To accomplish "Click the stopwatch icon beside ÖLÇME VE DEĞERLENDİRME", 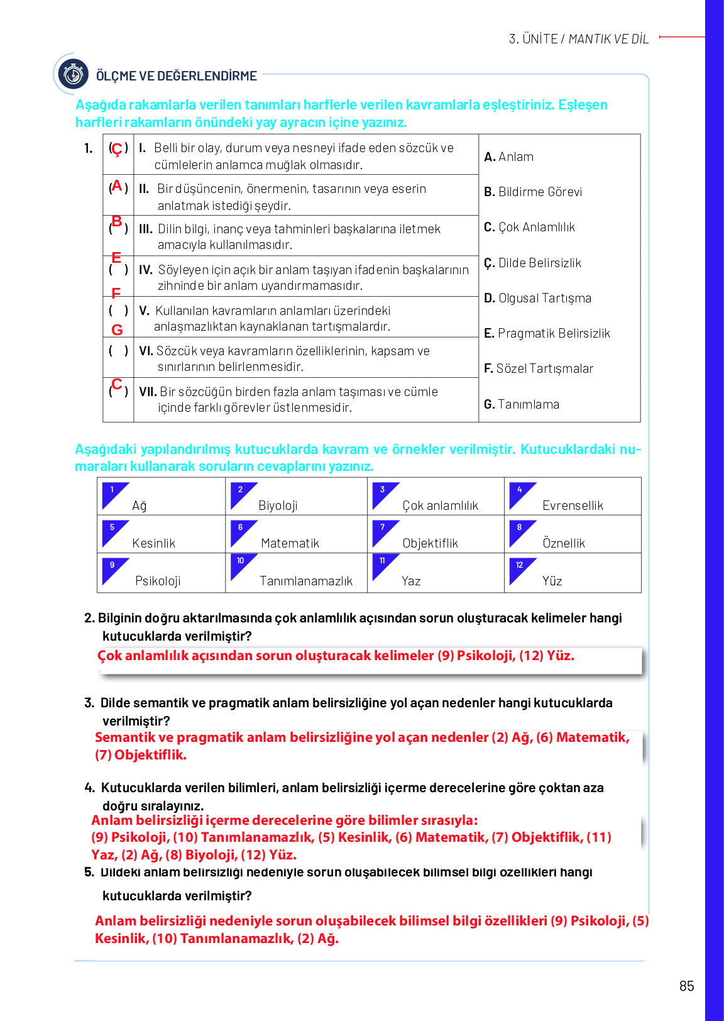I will (74, 75).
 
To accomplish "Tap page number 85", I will (686, 986).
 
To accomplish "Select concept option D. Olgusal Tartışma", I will (537, 298).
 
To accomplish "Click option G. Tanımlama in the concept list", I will (522, 404).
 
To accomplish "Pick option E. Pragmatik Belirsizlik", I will (547, 333).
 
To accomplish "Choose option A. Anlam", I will (508, 157).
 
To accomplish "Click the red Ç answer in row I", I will (117, 150).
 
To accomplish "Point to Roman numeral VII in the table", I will (148, 392).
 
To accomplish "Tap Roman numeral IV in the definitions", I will (146, 270).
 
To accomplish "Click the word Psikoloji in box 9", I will (158, 581).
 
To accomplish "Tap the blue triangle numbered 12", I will (520, 569).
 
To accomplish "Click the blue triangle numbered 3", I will (383, 494).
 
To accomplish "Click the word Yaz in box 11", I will (411, 581).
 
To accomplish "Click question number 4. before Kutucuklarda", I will (89, 788).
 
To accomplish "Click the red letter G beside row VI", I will (117, 330).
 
